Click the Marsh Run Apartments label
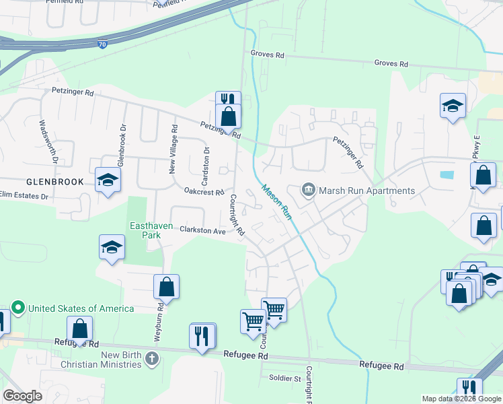(366, 191)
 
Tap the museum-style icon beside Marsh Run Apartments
(309, 191)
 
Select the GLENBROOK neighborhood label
(55, 182)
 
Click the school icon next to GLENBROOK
(107, 180)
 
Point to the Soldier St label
(284, 378)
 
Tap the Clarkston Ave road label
(202, 230)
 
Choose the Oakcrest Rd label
(204, 192)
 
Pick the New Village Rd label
(173, 149)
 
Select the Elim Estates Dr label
(25, 196)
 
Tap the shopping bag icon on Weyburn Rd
(166, 287)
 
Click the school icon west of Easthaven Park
(112, 247)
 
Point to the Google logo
(22, 396)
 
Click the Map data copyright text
(462, 399)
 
